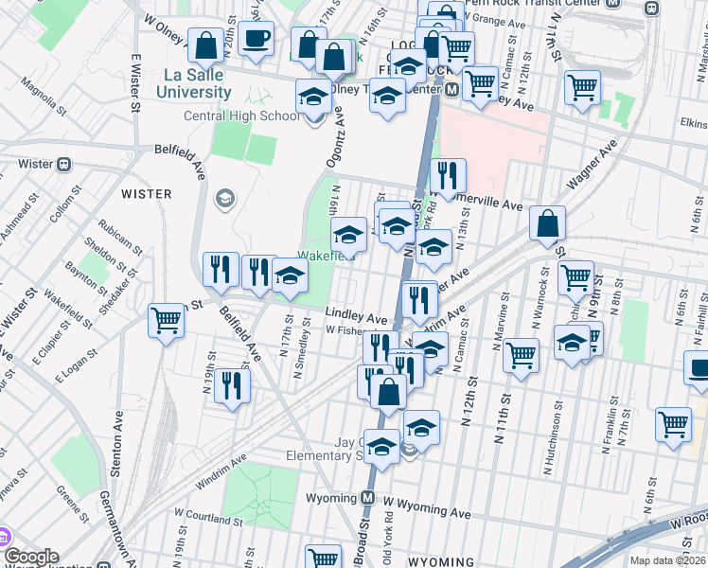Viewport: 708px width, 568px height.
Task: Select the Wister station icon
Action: [63, 164]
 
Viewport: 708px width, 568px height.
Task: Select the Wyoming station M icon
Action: [369, 498]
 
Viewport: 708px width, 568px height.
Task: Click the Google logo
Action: [30, 557]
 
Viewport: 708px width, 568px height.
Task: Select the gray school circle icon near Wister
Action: [225, 198]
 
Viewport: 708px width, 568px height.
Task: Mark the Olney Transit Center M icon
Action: [452, 90]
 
